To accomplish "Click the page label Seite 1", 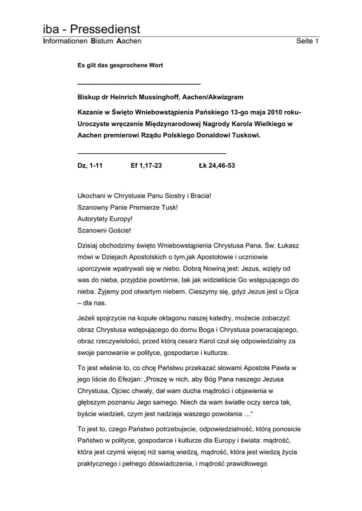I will (307, 41).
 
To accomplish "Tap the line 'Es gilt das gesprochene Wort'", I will (120, 65).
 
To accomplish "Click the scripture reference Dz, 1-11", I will (90, 165).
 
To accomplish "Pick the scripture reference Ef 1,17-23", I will (146, 165).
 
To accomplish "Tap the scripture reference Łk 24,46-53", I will (217, 165).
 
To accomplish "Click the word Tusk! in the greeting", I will (169, 207).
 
